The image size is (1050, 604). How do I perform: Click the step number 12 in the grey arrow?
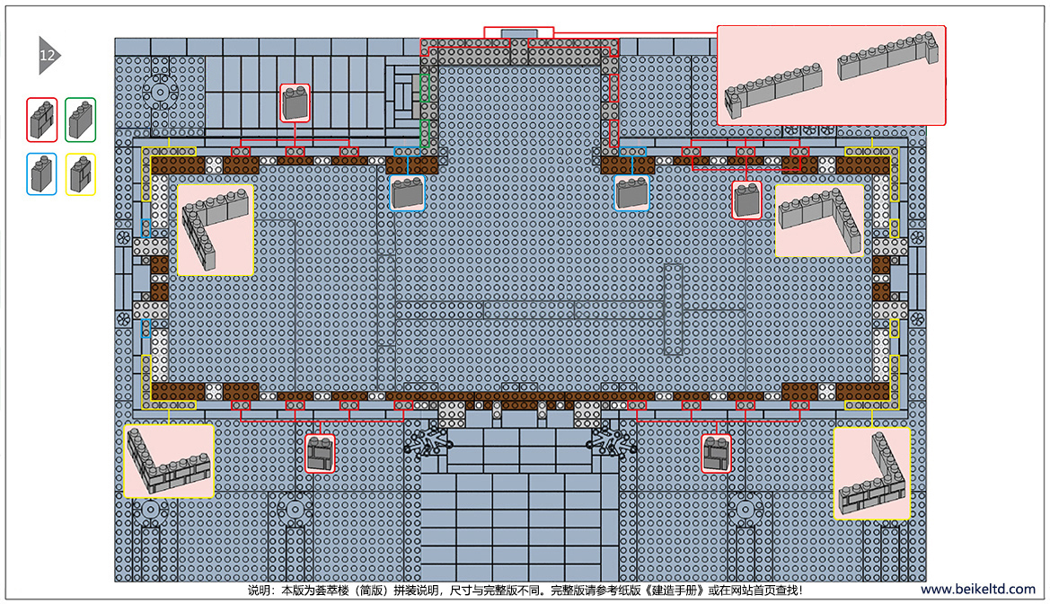(x=47, y=56)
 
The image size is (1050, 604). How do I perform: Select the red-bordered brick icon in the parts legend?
(x=42, y=120)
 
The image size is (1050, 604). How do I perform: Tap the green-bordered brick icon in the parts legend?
(x=80, y=120)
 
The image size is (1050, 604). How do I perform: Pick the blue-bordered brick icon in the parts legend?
(x=42, y=174)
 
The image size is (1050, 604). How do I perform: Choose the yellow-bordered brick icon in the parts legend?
(x=80, y=174)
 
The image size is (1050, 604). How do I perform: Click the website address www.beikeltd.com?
(x=977, y=590)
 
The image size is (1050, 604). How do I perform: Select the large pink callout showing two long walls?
(x=831, y=75)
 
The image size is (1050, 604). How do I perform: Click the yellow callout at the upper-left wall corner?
(x=215, y=230)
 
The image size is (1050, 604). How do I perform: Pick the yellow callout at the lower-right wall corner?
(x=872, y=474)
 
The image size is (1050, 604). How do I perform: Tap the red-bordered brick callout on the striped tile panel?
(x=295, y=103)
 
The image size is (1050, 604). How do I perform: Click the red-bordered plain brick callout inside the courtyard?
(x=746, y=200)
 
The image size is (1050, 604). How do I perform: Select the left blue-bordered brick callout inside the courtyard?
(x=407, y=193)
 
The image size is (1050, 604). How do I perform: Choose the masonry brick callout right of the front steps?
(x=716, y=454)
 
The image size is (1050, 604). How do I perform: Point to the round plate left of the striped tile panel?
(x=160, y=92)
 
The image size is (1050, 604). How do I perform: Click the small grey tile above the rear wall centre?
(x=518, y=33)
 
